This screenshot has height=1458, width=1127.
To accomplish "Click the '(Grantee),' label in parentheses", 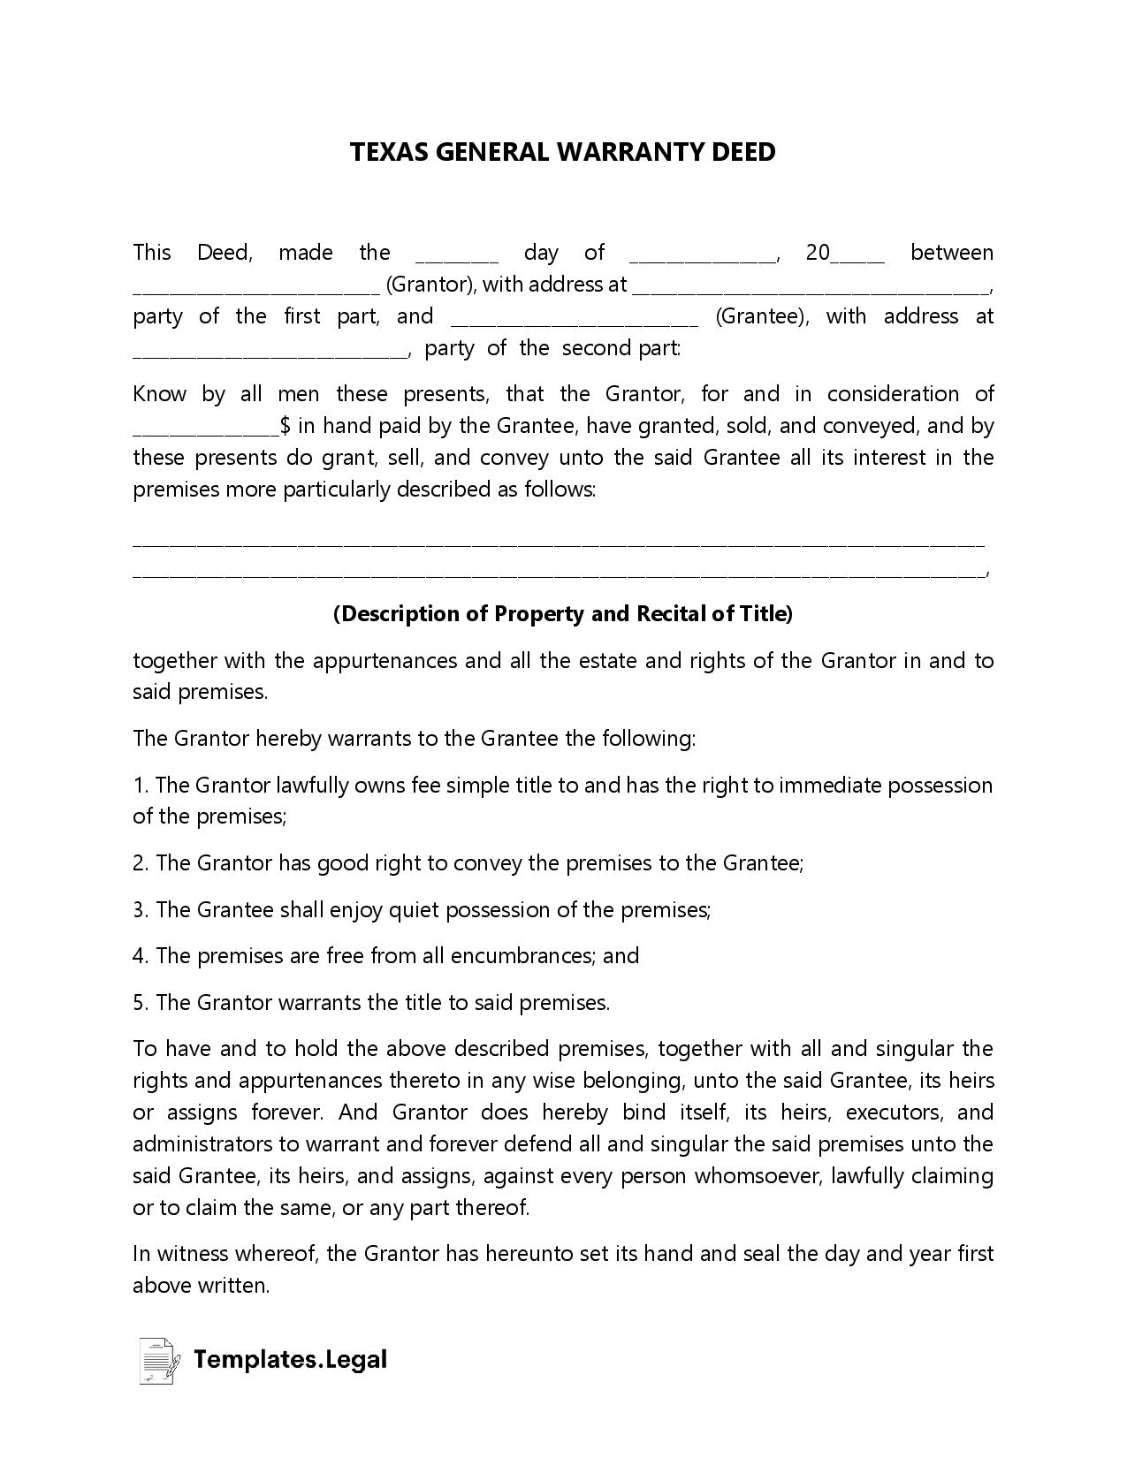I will [x=761, y=316].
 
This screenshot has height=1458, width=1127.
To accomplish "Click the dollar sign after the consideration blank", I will [x=286, y=426].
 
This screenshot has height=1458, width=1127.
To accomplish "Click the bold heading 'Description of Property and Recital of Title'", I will [x=563, y=613].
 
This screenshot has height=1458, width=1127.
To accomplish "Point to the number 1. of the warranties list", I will [x=141, y=786].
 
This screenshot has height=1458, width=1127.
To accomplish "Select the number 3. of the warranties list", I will [x=141, y=909].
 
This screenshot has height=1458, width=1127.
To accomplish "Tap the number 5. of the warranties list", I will [x=141, y=1002].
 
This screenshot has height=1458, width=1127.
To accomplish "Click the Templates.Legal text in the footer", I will [x=290, y=1359].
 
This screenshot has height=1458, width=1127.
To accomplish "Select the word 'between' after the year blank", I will [x=951, y=253].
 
